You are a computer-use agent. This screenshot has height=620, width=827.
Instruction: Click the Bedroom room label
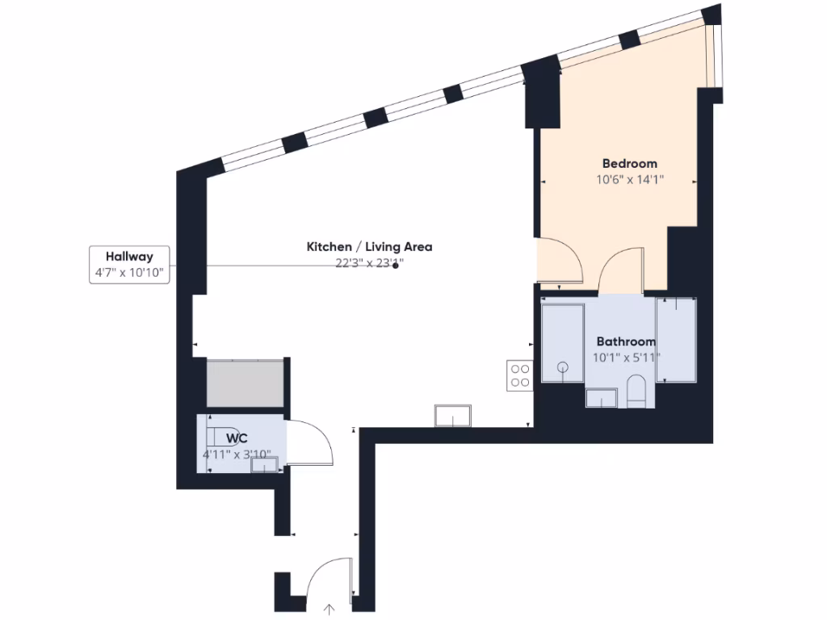[x=629, y=164]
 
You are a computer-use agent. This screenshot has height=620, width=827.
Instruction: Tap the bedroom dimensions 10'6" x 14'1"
[x=629, y=180]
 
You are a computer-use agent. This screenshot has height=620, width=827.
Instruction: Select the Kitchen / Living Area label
[x=369, y=246]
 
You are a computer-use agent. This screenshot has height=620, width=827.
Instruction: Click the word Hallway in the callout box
[x=129, y=257]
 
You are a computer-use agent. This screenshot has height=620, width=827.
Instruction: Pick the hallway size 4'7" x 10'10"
[x=129, y=273]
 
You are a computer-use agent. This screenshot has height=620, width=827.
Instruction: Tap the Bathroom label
[x=626, y=341]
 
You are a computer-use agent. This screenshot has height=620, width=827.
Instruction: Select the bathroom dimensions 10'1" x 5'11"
[x=628, y=358]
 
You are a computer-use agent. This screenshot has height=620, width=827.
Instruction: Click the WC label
[x=237, y=438]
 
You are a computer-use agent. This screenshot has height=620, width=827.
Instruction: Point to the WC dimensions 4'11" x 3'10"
[x=237, y=455]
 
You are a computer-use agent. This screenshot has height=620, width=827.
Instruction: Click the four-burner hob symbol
[x=519, y=375]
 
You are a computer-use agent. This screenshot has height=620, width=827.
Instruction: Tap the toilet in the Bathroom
[x=636, y=390]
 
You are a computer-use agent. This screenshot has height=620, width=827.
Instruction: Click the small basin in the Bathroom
[x=600, y=398]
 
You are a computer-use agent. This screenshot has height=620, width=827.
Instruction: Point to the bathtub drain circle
[x=562, y=368]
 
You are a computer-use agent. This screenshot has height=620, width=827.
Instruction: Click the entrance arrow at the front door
[x=330, y=610]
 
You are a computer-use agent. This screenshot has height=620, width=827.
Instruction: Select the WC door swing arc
[x=315, y=440]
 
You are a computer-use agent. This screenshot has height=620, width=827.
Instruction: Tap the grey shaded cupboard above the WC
[x=245, y=383]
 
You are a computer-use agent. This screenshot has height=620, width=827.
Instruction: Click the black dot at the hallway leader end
[x=395, y=266]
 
